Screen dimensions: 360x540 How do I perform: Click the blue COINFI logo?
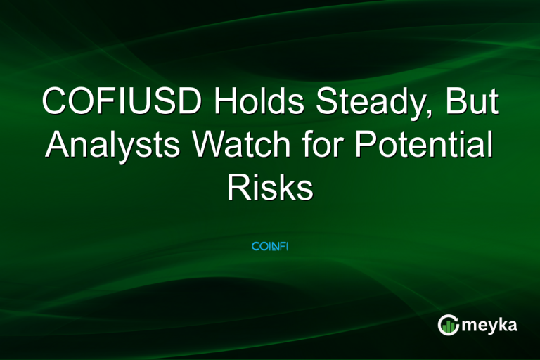point(270,247)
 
